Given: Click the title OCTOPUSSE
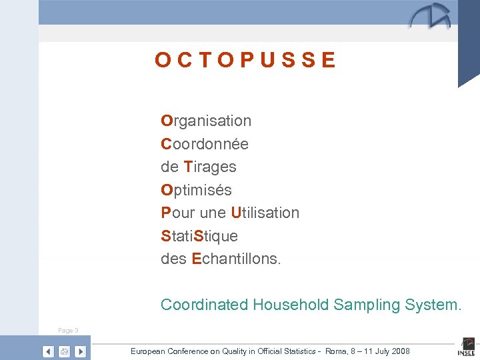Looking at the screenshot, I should pos(245,61).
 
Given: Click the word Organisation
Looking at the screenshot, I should pos(206,121).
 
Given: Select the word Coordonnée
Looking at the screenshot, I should pos(205,144).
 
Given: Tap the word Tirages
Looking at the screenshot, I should pos(210,167).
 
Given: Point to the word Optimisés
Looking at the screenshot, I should pos(196,190).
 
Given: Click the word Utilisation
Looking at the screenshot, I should pos(265,213).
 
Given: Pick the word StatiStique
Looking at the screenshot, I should pos(199,236).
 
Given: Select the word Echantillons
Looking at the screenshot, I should pos(236,259).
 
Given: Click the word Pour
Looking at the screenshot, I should pos(175,213).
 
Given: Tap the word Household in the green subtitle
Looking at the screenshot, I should pos(291,305).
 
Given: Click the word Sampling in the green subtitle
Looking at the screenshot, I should pos(362,305).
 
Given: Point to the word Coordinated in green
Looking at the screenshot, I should pos(204,305).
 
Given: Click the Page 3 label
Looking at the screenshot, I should pos(68,331).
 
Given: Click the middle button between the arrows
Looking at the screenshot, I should pos(64,351).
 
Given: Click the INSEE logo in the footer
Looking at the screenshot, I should pos(466,349).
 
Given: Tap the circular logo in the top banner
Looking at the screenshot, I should pos(430,17).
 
